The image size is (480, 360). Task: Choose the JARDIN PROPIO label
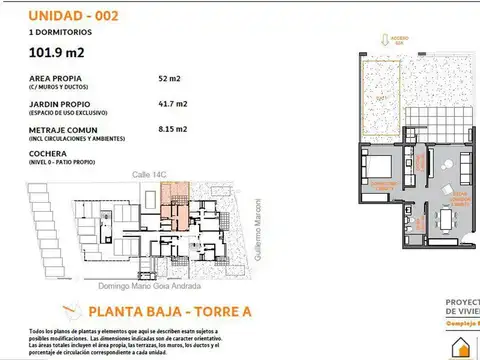(x=60, y=102)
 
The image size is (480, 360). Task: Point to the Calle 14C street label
(x=147, y=174)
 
